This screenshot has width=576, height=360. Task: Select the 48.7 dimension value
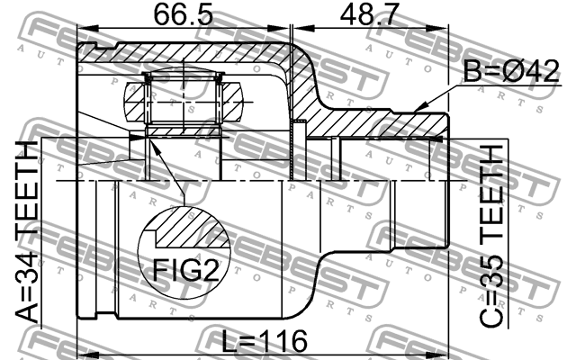coord(372,17)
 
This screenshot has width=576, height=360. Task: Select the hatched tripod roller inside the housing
coord(184,101)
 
